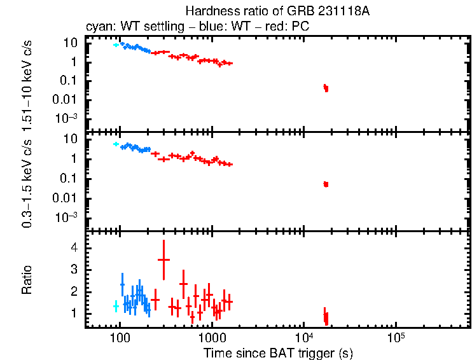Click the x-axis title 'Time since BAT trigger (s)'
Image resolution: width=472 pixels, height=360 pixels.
pyautogui.click(x=278, y=352)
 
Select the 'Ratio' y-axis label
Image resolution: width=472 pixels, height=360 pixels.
pyautogui.click(x=27, y=280)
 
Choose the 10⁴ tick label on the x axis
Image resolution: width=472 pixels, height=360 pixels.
pyautogui.click(x=303, y=335)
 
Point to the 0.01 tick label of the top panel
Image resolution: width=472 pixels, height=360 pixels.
pyautogui.click(x=65, y=99)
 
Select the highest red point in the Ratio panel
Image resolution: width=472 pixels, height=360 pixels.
pyautogui.click(x=163, y=260)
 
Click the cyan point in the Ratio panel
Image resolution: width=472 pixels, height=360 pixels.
pyautogui.click(x=116, y=306)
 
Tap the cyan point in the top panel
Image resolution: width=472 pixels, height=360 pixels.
pyautogui.click(x=116, y=45)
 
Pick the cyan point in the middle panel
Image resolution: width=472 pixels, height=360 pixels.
pyautogui.click(x=116, y=144)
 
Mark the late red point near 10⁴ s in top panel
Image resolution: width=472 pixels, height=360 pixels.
pyautogui.click(x=326, y=88)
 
